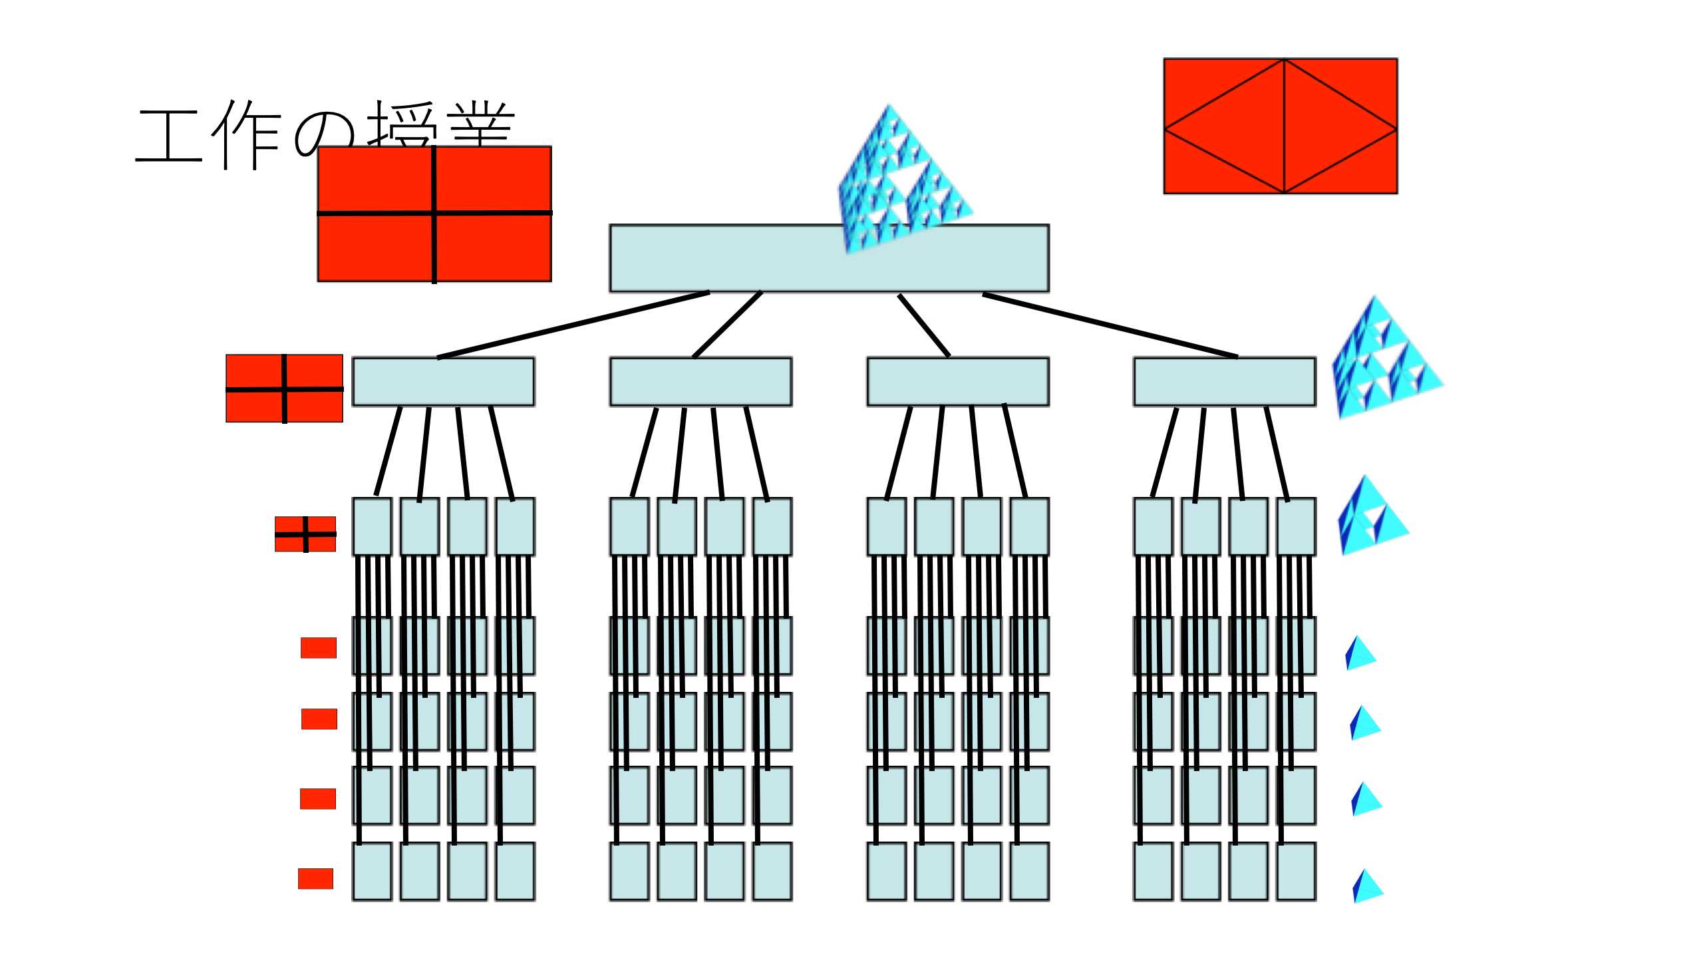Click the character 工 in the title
(169, 136)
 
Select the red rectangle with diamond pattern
(1280, 126)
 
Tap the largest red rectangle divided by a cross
(434, 214)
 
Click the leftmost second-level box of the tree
(443, 382)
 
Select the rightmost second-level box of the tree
(1225, 382)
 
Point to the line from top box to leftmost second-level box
(572, 325)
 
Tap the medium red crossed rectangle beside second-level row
(284, 389)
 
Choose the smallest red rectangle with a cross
(305, 534)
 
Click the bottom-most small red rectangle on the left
(315, 878)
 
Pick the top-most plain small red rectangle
(319, 647)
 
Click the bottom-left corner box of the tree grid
(372, 872)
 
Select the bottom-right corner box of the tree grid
(1296, 872)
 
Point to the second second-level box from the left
(700, 382)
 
